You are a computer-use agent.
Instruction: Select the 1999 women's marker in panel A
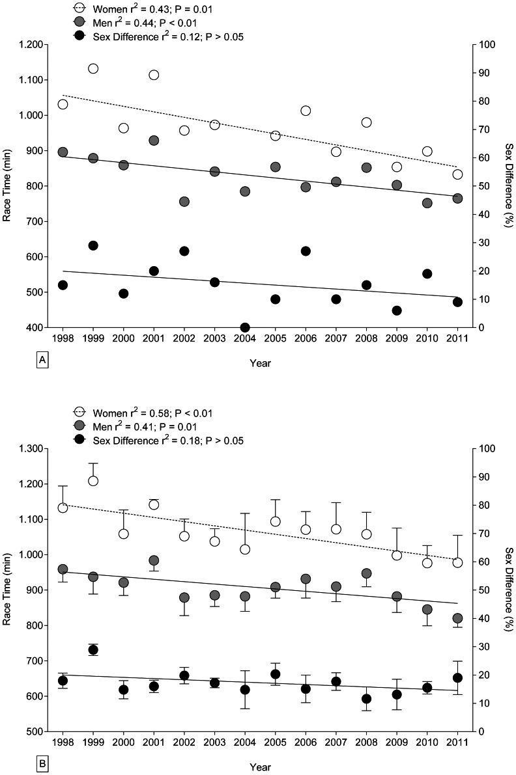pos(93,68)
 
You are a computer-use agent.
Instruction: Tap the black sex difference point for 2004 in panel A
pos(245,327)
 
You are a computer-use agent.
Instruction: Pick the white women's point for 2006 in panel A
pos(306,111)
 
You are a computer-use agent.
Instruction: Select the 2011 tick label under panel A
pos(457,340)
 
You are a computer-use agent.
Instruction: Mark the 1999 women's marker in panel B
pos(93,481)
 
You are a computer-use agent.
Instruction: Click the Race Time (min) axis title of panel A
pos(8,186)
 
